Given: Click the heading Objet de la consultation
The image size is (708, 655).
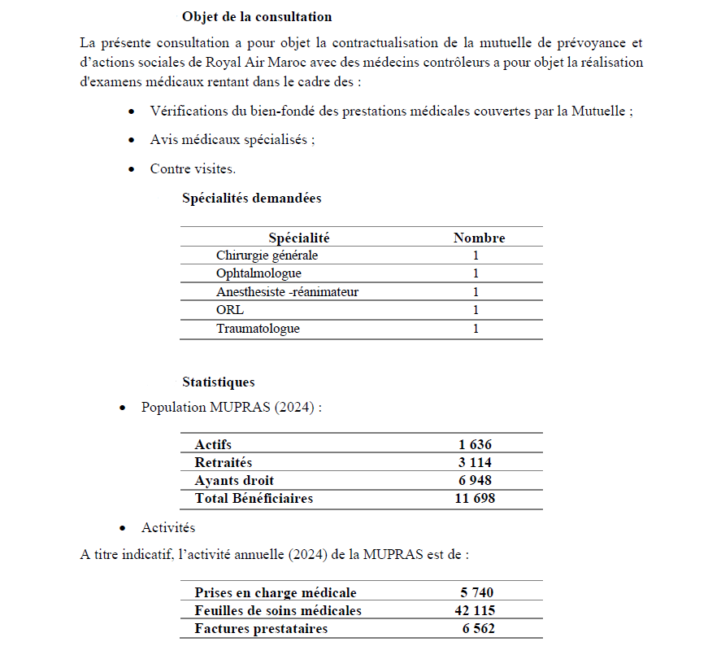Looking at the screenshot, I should click(x=257, y=16).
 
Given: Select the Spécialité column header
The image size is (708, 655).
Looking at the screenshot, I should click(x=298, y=238).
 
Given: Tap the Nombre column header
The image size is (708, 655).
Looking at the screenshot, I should click(x=479, y=238).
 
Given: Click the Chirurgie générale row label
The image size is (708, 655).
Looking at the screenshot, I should click(x=267, y=255).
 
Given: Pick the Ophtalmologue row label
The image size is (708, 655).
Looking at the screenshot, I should click(x=258, y=273).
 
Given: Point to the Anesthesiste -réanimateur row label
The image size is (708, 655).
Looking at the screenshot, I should click(x=287, y=292).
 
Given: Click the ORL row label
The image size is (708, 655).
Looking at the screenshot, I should click(x=230, y=310).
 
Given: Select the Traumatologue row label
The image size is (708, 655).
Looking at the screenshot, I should click(x=258, y=329).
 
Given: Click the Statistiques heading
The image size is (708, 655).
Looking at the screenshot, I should click(x=218, y=382).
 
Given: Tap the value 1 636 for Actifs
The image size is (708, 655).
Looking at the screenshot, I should click(x=475, y=444).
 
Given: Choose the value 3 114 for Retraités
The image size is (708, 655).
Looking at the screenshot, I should click(x=475, y=462).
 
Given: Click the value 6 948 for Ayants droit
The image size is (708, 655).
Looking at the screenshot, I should click(x=475, y=480).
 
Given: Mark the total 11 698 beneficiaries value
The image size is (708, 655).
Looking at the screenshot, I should click(x=474, y=498).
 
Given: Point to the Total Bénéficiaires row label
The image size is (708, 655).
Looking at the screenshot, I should click(x=254, y=498).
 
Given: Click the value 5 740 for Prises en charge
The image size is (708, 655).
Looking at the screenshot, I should click(x=477, y=592).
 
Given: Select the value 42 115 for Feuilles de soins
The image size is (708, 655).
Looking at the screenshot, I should click(x=475, y=610).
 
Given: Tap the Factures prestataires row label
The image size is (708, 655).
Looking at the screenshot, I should click(x=261, y=628).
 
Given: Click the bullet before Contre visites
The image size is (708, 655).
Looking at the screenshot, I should click(x=132, y=169).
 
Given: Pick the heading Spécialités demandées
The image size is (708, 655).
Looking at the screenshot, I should click(x=251, y=198).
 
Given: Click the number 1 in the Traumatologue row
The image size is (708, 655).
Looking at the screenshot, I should click(x=476, y=329).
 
